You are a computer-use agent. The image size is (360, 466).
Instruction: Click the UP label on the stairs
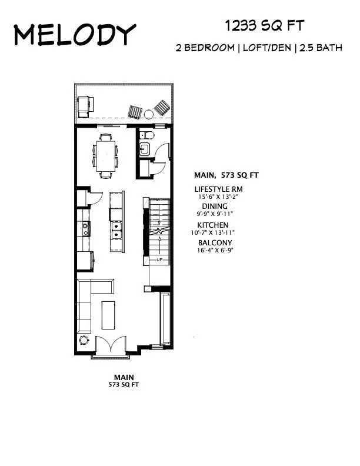159,259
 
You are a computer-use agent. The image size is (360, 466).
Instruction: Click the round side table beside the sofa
84,340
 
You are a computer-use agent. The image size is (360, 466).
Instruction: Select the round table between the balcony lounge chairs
161,107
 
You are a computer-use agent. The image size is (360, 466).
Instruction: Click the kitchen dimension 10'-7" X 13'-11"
221,233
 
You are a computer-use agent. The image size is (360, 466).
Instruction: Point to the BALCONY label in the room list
215,242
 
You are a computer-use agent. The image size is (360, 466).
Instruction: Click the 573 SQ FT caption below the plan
124,384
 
